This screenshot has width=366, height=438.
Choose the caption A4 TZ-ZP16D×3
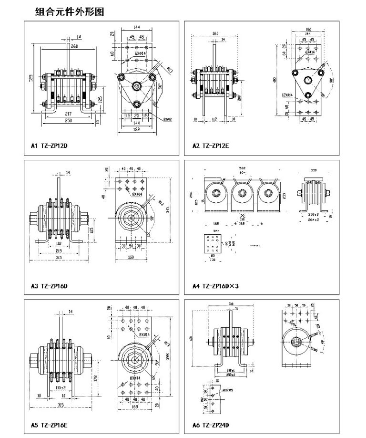pos(215,286)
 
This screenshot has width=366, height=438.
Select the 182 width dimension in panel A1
pos(137,130)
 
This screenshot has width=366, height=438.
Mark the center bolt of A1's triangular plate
pos(137,86)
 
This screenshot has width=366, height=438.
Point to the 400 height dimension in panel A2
pos(275,80)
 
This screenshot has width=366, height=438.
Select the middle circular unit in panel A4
pos(240,195)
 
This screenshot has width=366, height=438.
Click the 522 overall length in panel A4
pos(242,168)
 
